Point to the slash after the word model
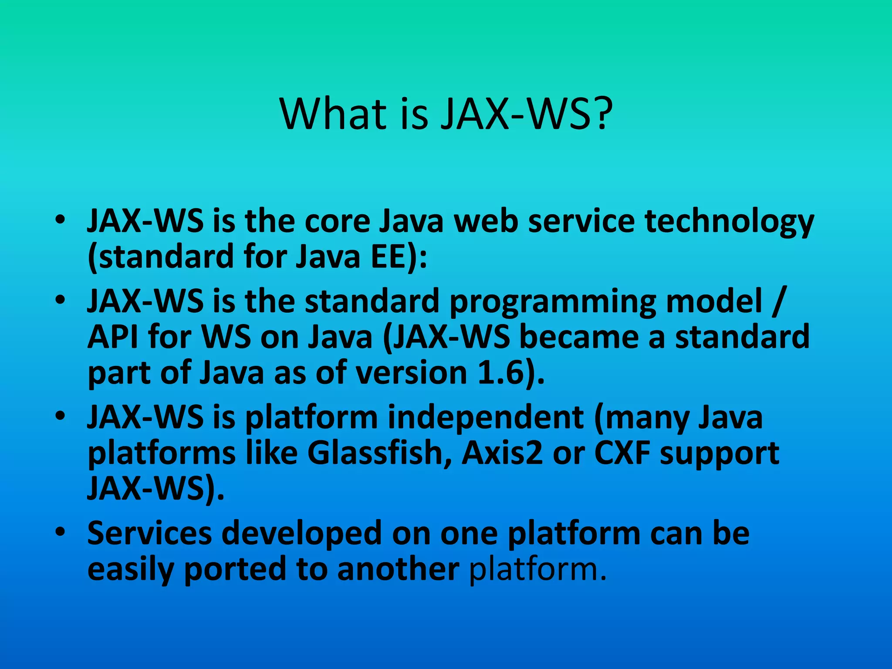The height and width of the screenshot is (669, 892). tap(778, 301)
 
